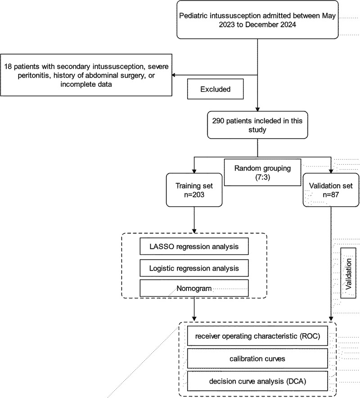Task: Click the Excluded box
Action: point(216,89)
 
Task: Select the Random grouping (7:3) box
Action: point(262,172)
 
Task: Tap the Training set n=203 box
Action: point(194,190)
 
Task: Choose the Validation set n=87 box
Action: point(331,190)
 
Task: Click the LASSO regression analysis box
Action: point(194,246)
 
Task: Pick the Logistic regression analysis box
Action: point(194,268)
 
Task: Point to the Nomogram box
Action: point(194,288)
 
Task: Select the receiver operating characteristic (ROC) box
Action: point(257,336)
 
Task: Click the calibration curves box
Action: point(257,358)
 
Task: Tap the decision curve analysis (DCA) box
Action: point(257,381)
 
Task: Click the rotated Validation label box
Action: point(348,273)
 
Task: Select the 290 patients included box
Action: point(257,125)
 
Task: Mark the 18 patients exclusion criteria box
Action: point(86,75)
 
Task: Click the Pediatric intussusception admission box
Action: point(257,20)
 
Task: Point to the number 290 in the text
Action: point(218,121)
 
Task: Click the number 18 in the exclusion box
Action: point(8,67)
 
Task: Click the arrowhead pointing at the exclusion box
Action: point(174,75)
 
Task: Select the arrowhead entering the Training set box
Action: point(194,171)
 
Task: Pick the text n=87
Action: point(331,195)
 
